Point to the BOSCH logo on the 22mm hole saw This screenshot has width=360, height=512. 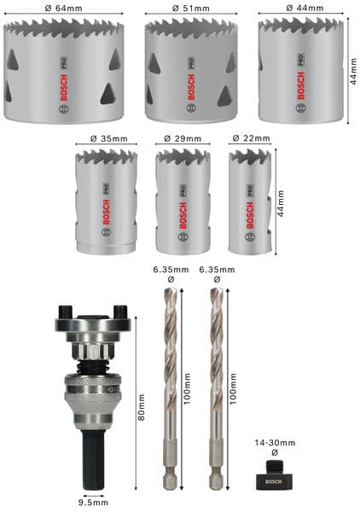[x=251, y=219]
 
